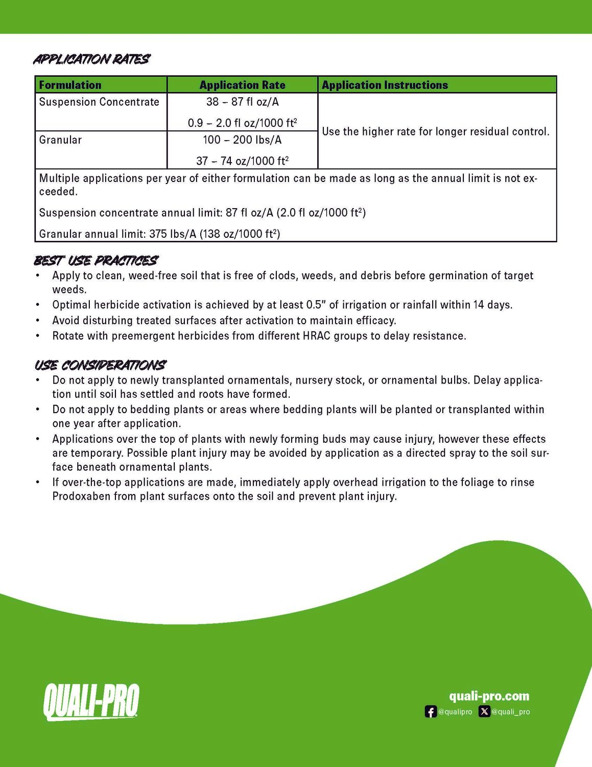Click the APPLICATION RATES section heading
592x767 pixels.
point(92,59)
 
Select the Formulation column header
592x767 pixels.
point(70,85)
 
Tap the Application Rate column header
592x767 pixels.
point(242,85)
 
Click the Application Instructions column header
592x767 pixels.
point(385,85)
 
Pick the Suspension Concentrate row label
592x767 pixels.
point(99,102)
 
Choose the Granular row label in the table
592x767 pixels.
point(60,140)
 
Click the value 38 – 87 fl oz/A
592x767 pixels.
point(242,102)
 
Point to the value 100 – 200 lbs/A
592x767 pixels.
point(242,140)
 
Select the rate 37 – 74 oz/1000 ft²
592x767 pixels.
point(242,161)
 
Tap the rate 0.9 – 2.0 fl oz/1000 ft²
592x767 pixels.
point(242,123)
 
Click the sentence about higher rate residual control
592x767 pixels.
point(435,131)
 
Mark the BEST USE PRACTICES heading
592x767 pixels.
point(96,261)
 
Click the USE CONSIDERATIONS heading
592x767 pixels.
point(100,365)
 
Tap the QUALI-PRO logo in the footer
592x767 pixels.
point(91,702)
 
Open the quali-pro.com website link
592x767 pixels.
point(489,696)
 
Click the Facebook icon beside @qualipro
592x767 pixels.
point(431,712)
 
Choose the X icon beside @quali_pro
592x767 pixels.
point(484,712)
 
